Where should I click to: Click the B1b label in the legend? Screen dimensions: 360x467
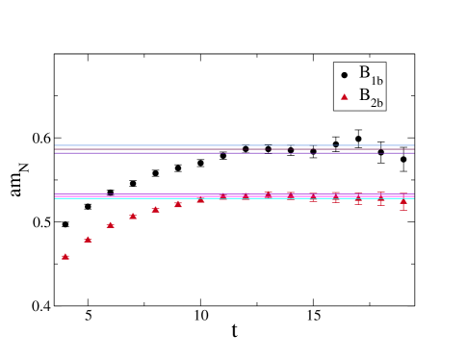[371, 74]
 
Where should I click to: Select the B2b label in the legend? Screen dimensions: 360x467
[371, 95]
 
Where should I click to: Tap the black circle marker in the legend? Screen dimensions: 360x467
[345, 75]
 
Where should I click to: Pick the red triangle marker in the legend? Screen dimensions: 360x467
[345, 96]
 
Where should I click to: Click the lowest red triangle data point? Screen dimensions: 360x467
[65, 256]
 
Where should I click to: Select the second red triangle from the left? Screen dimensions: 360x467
[88, 239]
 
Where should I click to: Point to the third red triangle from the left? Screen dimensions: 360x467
[111, 225]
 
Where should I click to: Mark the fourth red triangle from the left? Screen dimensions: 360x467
[133, 216]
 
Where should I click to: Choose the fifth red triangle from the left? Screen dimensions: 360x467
[155, 209]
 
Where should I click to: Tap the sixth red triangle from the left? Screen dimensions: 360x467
[178, 203]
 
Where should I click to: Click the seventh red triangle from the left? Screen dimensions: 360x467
[200, 199]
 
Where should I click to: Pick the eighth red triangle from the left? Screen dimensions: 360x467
[222, 195]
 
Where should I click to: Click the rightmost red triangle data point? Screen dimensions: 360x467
[403, 201]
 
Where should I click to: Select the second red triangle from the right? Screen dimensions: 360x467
[380, 198]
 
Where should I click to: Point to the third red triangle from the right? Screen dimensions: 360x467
[358, 198]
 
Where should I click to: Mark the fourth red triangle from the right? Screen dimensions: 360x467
[335, 196]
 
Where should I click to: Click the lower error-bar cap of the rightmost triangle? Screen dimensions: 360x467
[403, 210]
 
